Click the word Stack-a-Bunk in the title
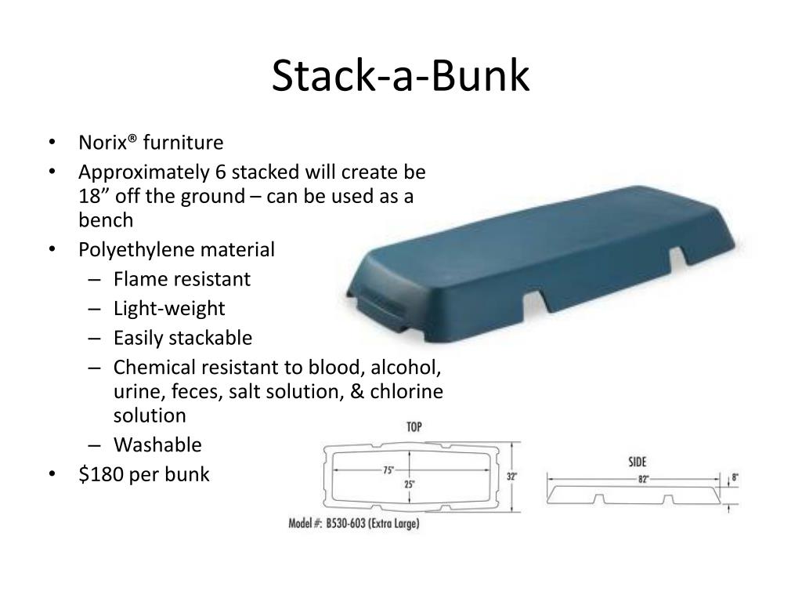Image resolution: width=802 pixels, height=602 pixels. pyautogui.click(x=400, y=77)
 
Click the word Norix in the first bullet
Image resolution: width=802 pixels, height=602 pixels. pyautogui.click(x=102, y=143)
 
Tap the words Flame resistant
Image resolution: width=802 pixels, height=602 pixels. pyautogui.click(x=182, y=279)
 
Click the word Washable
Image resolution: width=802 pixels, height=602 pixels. pyautogui.click(x=157, y=445)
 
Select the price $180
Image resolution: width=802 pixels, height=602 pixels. pyautogui.click(x=104, y=474)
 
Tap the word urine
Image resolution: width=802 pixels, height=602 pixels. pyautogui.click(x=134, y=391)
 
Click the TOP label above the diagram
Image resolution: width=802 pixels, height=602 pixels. pyautogui.click(x=414, y=427)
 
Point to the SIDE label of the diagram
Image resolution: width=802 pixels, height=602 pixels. pyautogui.click(x=637, y=462)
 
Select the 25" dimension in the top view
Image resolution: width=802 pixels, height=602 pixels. pyautogui.click(x=410, y=484)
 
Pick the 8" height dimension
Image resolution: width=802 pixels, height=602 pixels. pyautogui.click(x=735, y=477)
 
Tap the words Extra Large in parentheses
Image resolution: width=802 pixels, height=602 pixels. pyautogui.click(x=395, y=523)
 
